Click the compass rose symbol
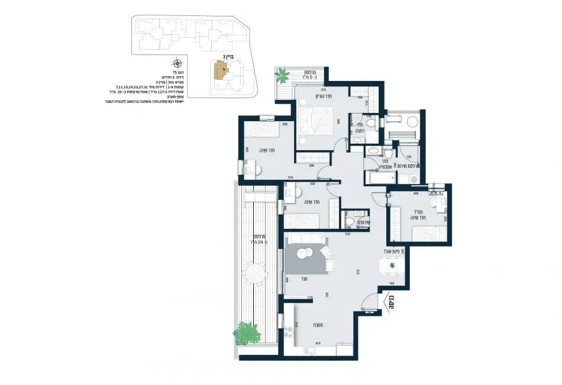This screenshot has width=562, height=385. [x=177, y=63]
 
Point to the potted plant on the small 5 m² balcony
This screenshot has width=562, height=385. [x=283, y=75]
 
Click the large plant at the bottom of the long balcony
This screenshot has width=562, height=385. [x=249, y=333]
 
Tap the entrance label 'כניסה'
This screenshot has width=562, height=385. [x=390, y=302]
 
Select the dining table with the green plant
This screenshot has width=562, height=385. [x=392, y=267]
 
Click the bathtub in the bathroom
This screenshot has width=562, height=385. [x=379, y=178]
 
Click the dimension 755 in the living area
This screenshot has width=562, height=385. [x=327, y=295]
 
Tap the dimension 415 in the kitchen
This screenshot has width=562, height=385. [x=318, y=344]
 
